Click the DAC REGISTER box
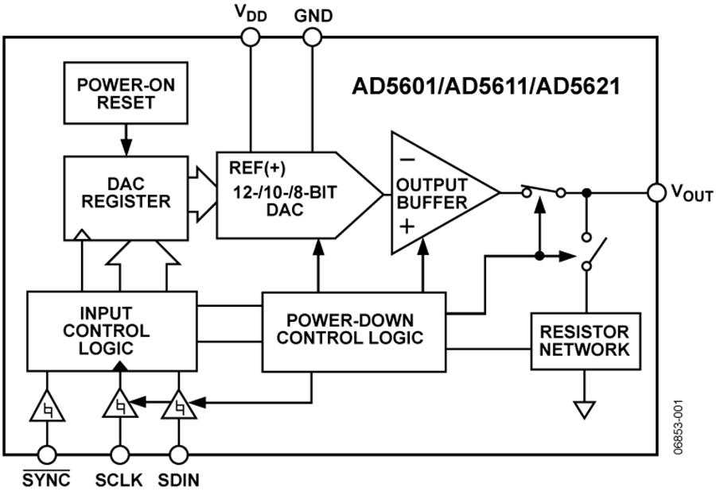pos(126,198)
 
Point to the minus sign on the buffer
pos(407,159)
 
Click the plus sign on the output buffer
pos(407,226)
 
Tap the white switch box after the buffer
pos(543,192)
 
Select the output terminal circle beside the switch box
pos(656,192)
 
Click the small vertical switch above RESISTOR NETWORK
pos(586,251)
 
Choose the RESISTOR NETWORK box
pos(586,341)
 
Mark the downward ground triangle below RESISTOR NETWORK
pos(585,410)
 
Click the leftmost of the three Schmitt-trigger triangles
pos(47,408)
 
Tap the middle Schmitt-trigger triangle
pos(120,405)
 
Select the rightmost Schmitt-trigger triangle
pos(179,407)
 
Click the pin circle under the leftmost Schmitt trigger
pos(47,454)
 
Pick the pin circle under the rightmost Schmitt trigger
pos(179,454)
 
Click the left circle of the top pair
pos(251,37)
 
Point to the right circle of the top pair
pos(313,37)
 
